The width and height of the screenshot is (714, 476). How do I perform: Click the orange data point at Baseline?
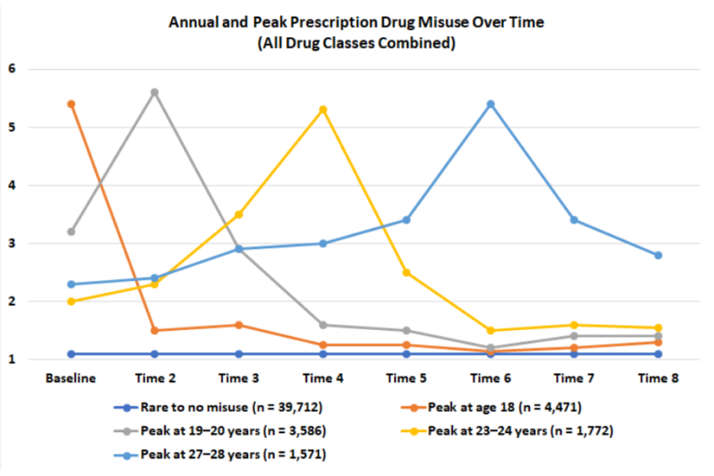[71, 104]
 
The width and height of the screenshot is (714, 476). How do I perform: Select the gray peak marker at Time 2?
[154, 92]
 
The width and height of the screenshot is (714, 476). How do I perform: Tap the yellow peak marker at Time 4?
[323, 110]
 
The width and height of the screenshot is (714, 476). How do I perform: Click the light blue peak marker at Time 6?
[491, 104]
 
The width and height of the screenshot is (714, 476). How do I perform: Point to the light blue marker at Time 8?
[658, 255]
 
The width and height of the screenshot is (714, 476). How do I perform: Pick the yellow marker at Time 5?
[406, 272]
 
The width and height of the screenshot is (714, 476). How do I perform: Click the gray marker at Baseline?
[71, 231]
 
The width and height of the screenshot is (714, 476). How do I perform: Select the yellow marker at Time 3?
[239, 214]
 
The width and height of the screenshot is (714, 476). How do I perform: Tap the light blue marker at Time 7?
[575, 219]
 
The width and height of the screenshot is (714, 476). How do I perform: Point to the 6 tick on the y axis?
[12, 69]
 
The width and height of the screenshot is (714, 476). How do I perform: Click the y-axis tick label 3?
[12, 244]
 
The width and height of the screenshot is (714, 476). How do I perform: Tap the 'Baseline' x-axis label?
[71, 378]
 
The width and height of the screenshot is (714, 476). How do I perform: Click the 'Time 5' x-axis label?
[406, 378]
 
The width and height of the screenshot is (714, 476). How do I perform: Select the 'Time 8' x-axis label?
[658, 378]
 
